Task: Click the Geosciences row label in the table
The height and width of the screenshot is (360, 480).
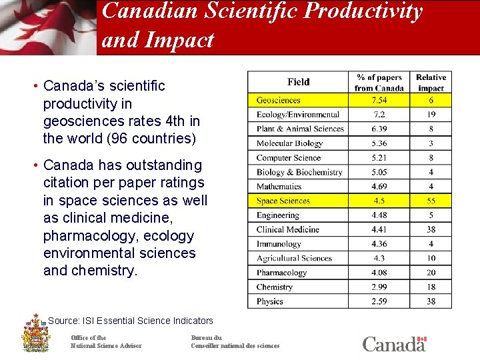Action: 279,100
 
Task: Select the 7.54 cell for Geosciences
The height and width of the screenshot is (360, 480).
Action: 379,100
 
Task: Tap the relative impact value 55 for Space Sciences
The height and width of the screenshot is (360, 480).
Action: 431,201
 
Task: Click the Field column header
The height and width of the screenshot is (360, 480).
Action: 299,82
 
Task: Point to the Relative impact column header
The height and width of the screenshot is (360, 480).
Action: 431,83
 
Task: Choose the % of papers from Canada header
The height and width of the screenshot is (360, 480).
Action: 379,83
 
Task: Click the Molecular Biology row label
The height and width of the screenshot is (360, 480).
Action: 289,143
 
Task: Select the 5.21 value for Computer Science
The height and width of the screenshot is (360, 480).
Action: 379,158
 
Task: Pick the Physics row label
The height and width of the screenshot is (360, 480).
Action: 270,301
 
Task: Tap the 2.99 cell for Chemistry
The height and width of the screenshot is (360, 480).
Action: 379,287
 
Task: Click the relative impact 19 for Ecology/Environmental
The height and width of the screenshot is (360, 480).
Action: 431,115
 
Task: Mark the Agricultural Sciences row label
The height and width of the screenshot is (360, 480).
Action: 294,258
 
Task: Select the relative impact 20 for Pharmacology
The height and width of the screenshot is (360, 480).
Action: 431,273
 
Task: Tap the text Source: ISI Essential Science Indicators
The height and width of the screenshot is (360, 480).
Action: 131,321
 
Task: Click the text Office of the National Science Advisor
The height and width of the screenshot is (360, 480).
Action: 106,341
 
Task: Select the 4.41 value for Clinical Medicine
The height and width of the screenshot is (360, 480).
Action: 379,229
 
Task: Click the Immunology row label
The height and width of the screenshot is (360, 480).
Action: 279,244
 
